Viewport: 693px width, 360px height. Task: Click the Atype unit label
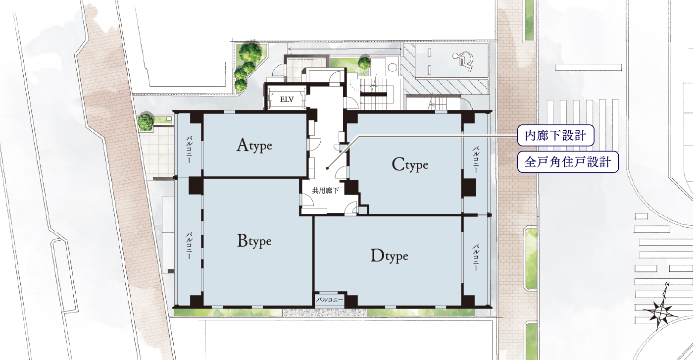(254, 145)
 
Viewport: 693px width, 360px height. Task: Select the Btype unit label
(254, 241)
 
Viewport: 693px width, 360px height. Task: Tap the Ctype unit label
(410, 165)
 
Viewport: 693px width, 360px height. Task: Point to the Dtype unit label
(389, 256)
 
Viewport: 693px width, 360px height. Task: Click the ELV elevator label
(287, 100)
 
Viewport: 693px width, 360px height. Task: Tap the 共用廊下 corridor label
(325, 191)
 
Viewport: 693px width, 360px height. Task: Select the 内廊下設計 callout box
(555, 135)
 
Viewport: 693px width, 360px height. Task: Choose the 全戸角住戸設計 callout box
(568, 162)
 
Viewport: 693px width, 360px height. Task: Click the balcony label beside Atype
(189, 150)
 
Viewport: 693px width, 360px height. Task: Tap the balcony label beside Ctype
(476, 160)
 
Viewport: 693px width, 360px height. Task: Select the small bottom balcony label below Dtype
(329, 300)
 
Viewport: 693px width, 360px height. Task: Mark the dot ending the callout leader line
(327, 168)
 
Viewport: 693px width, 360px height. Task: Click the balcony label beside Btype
(189, 246)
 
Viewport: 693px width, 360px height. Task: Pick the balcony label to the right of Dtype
(476, 257)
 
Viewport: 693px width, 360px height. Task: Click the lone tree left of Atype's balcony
(146, 122)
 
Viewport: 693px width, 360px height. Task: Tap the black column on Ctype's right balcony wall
(469, 188)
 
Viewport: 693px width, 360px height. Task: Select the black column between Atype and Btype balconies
(196, 185)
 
